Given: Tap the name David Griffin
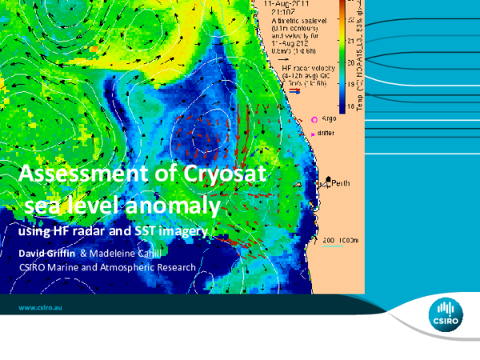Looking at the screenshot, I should coord(47,253).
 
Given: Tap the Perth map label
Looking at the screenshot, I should coord(340,183).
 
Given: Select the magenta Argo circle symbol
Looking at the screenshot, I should coord(303,119).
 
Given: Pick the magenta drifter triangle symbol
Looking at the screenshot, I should coord(302,130).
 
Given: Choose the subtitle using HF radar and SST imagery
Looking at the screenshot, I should coord(113,230).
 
